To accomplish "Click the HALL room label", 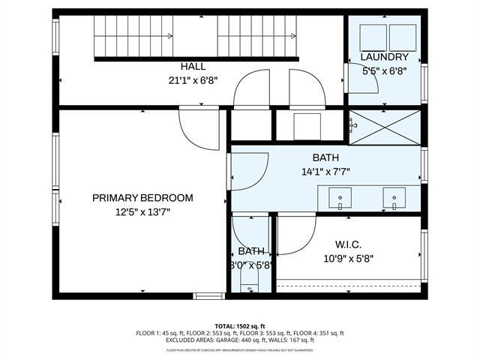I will (193, 67).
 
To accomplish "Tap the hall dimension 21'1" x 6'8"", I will (193, 80).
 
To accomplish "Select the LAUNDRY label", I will (385, 58).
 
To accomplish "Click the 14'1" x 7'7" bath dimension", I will (325, 171).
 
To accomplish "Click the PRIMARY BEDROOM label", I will (142, 198).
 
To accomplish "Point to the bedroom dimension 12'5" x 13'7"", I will (142, 212).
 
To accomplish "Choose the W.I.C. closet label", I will (347, 244).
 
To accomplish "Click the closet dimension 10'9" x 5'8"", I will (347, 259).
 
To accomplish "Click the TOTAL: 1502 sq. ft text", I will (240, 326).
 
